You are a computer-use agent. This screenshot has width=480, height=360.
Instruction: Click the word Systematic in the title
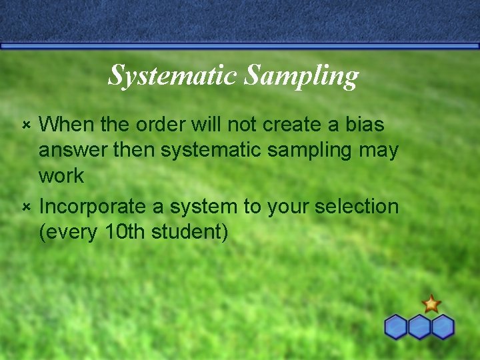click(x=173, y=75)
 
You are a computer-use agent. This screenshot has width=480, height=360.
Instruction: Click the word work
click(x=61, y=176)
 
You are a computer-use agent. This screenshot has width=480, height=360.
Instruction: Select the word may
click(x=378, y=151)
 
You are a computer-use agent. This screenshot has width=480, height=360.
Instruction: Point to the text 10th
click(x=126, y=233)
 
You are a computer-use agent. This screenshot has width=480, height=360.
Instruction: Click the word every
click(x=73, y=233)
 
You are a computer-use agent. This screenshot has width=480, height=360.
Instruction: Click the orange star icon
click(x=431, y=304)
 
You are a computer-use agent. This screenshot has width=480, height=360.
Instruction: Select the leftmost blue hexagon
click(x=397, y=327)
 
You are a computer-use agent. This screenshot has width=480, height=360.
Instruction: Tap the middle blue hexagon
click(x=419, y=327)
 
